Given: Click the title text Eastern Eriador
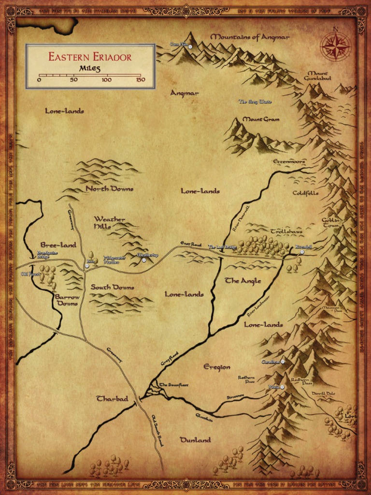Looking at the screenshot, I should (x=90, y=57).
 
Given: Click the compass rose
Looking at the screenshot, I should (x=336, y=46).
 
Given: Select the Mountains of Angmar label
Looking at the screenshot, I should (x=250, y=37).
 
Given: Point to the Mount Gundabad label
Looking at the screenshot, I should (x=317, y=75).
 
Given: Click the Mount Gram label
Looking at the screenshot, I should (x=261, y=119).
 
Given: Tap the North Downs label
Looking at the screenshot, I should (x=109, y=189).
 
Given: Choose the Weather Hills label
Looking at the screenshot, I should (x=109, y=222).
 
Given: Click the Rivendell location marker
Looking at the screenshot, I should (x=302, y=252).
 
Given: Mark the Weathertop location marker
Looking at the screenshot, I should (x=143, y=260).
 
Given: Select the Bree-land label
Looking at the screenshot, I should (x=58, y=245).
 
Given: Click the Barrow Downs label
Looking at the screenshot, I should (x=66, y=300).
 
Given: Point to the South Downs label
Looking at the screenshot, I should (x=113, y=287).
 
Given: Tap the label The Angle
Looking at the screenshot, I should (x=243, y=281).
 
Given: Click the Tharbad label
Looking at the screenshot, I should (x=112, y=399).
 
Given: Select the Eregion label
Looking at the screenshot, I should (x=216, y=367).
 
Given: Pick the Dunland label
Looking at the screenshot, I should (x=195, y=440).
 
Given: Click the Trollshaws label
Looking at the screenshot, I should (x=286, y=232).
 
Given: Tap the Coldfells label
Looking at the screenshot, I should (x=305, y=193).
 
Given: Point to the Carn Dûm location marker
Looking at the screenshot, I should (x=190, y=47).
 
